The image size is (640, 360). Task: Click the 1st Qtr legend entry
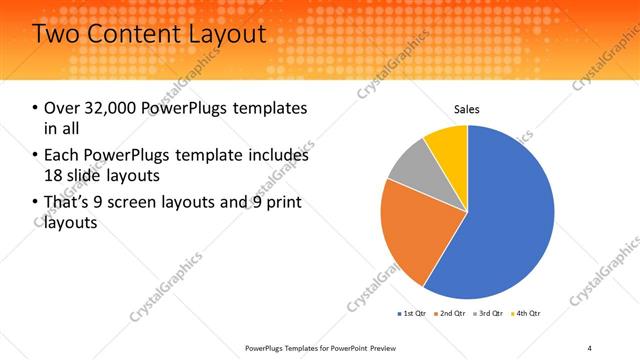point(411,314)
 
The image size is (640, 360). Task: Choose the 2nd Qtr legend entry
point(449,314)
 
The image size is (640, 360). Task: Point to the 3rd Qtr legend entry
point(486,314)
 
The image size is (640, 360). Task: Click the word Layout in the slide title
point(224,34)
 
